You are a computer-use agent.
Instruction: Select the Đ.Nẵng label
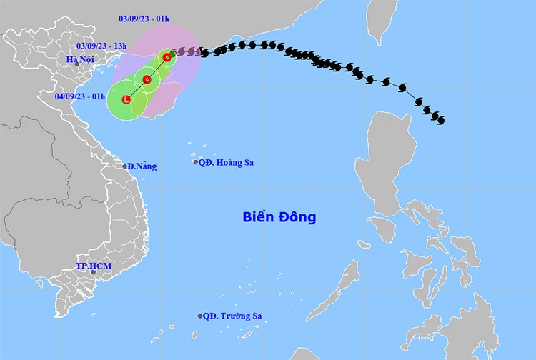coord(142,166)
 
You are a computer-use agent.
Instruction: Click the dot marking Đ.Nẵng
coord(124,166)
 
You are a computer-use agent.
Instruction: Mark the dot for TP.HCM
coord(84,272)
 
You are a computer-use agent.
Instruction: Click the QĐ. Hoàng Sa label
coord(227,162)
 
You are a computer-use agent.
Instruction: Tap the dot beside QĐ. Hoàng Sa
coord(195,162)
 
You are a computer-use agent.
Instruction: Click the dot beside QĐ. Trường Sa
coord(200,316)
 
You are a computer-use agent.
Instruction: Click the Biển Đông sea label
coord(279,216)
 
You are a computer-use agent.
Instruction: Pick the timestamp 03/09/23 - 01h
coord(144,19)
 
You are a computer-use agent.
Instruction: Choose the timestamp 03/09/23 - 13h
coord(101,46)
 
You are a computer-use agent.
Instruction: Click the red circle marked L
coord(126,100)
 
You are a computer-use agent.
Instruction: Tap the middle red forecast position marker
coord(147,79)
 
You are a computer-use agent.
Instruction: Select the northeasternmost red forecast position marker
coord(167,56)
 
